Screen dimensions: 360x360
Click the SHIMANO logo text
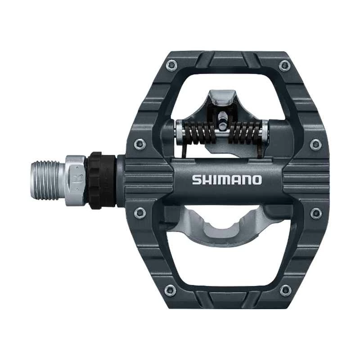coord(227,180)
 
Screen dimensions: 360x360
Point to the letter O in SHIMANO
coord(256,180)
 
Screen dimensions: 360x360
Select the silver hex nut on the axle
coord(76,180)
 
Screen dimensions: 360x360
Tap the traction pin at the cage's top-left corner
coord(171,66)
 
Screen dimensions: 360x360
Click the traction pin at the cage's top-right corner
coord(284,66)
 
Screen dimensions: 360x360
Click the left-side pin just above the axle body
coord(139,144)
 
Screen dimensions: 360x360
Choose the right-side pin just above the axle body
coord(316,144)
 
